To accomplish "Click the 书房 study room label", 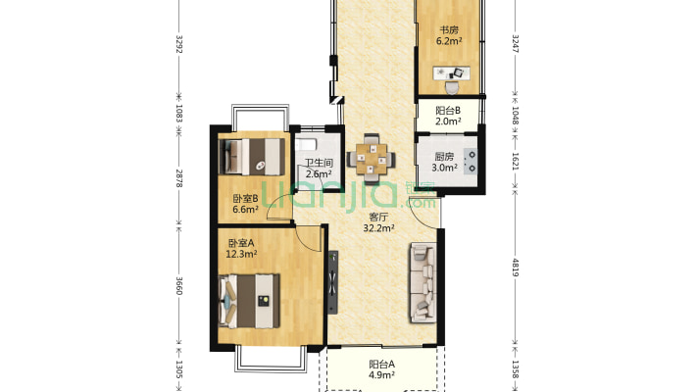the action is click(449, 30).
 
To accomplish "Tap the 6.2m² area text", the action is click(449, 41).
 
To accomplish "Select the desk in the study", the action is click(452, 73).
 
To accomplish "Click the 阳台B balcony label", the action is click(448, 110).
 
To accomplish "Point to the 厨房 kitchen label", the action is click(444, 157).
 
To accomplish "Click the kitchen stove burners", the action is click(471, 161).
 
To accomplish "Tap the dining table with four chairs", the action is click(372, 159).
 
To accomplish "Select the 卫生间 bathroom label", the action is click(319, 163).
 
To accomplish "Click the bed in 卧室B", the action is click(252, 157).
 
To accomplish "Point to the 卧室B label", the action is click(245, 198).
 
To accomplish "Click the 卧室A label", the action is click(241, 243).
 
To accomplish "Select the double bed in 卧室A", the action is click(249, 301).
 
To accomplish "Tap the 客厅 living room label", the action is click(379, 218).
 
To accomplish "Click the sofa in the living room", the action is click(423, 282).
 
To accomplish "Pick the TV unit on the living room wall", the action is click(332, 282).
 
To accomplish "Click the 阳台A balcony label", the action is click(381, 365).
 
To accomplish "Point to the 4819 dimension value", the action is click(516, 268).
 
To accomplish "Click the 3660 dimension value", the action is click(178, 286).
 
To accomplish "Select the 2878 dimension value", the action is click(178, 177).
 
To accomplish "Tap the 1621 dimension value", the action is click(516, 162).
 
